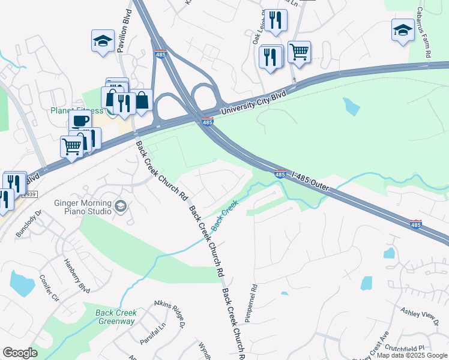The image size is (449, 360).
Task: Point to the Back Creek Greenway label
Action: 116,317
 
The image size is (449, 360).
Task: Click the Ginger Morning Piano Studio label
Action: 83,207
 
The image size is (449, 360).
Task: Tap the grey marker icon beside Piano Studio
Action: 121,207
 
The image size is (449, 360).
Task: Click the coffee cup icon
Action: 79,121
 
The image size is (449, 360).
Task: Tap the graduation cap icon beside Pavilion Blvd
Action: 103,41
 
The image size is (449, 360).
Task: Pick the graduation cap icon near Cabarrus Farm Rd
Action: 403,29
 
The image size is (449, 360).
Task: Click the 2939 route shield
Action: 29,194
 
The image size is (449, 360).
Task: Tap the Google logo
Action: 20,353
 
